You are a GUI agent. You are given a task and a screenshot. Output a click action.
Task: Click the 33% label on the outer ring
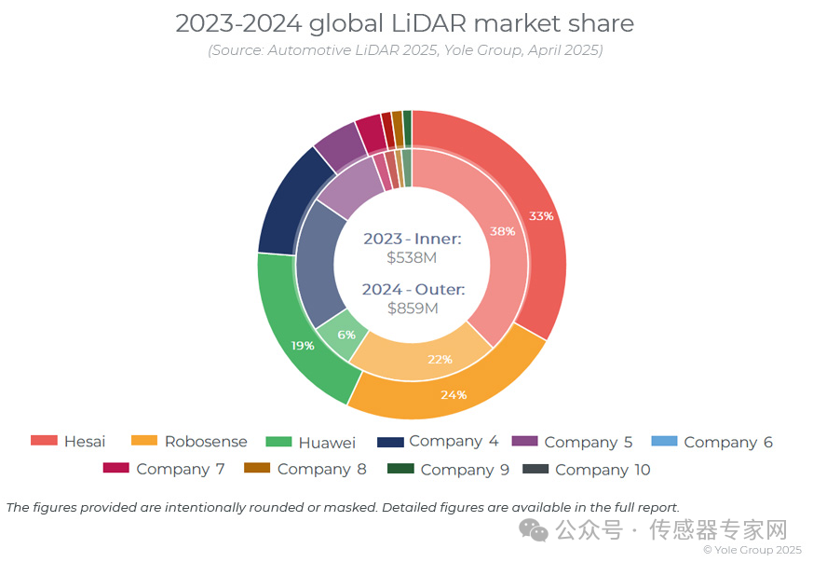point(541,216)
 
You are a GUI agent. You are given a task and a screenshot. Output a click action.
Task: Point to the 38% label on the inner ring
point(503,231)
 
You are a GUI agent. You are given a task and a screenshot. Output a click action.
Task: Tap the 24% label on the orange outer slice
point(454,394)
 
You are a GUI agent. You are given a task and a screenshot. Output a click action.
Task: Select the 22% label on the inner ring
point(440,359)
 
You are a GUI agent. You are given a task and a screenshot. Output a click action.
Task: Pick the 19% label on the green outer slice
point(303,345)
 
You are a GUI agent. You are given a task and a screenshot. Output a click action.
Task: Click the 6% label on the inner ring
point(346,335)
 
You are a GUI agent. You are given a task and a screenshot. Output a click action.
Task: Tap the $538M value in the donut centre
point(412,258)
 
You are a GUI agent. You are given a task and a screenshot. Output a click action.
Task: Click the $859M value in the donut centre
point(412,308)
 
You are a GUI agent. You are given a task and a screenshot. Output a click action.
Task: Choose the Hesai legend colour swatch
point(44,441)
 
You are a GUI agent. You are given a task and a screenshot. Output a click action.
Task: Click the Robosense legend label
point(206,442)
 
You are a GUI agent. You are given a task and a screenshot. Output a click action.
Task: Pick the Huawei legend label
point(327,442)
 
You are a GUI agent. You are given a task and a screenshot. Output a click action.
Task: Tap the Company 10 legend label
point(603,470)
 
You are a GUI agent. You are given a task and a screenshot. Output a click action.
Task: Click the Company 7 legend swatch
point(115,468)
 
